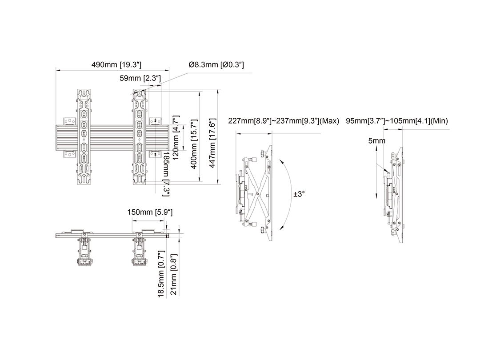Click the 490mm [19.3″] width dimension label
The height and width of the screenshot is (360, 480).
tap(116, 64)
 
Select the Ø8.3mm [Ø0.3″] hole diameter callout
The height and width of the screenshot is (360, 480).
tap(216, 64)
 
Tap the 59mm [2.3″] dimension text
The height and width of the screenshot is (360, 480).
tap(140, 78)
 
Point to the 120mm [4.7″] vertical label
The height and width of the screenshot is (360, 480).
tap(176, 138)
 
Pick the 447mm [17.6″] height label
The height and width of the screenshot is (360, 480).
tap(212, 143)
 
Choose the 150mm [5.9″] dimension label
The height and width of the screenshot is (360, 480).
tap(150, 212)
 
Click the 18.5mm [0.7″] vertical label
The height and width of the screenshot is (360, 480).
tap(161, 274)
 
